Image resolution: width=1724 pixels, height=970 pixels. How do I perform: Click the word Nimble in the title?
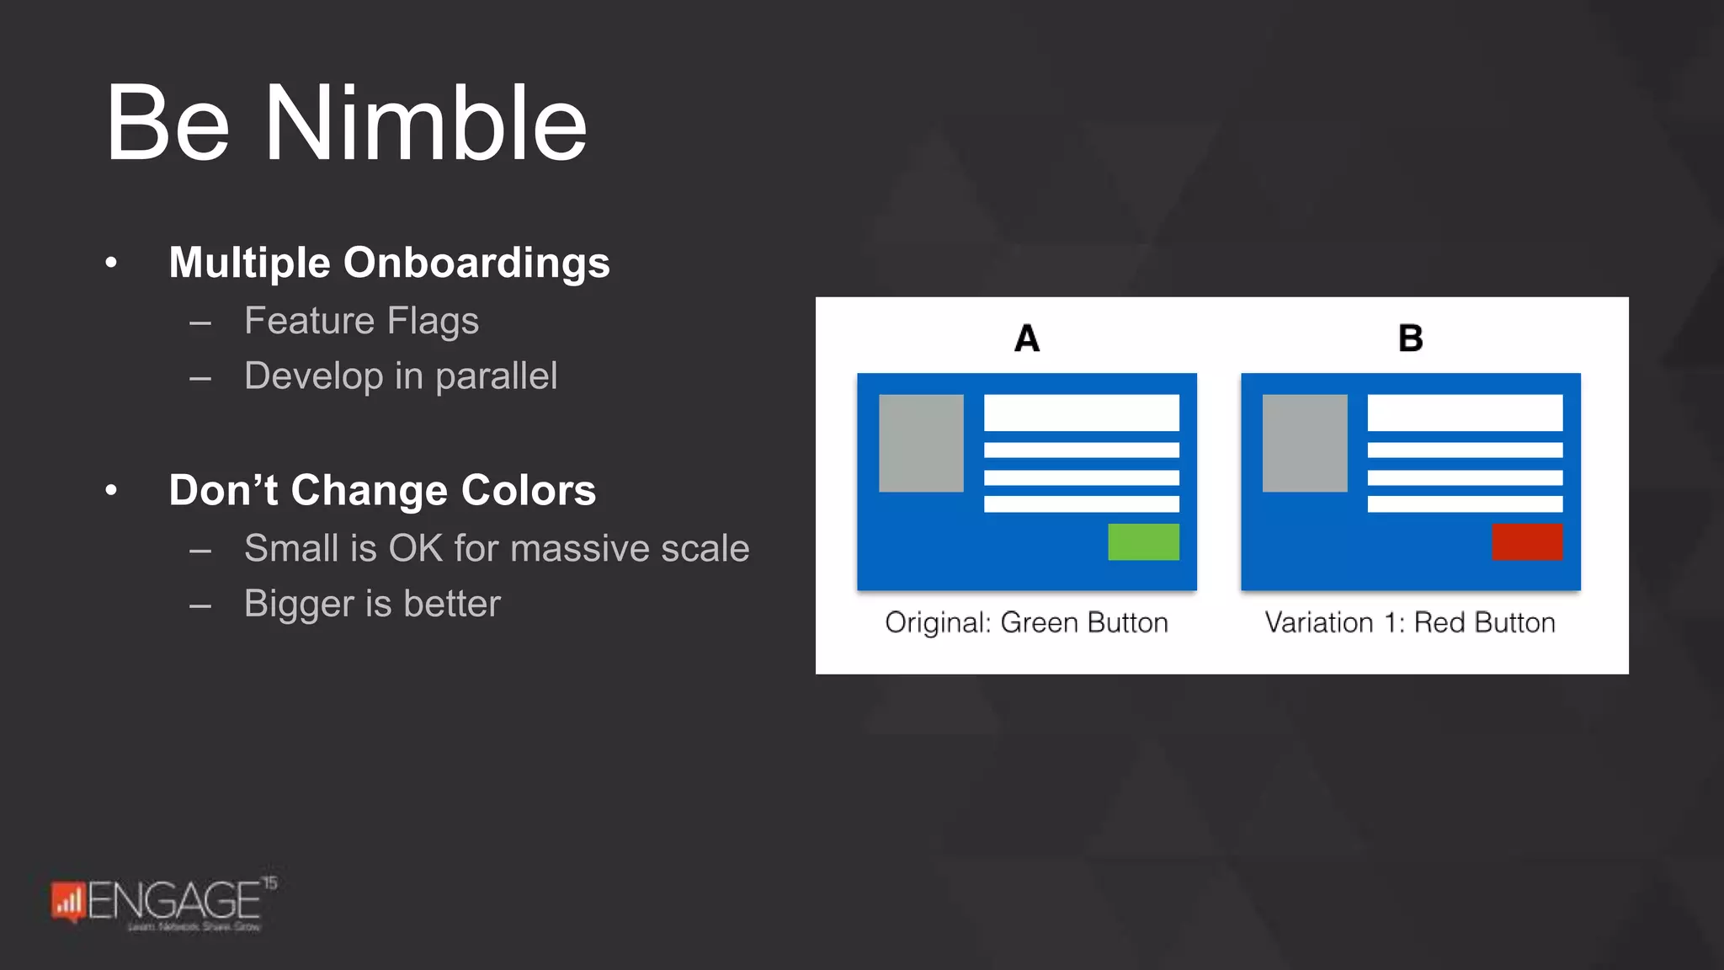tap(425, 124)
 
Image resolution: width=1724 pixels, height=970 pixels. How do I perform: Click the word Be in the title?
tap(167, 124)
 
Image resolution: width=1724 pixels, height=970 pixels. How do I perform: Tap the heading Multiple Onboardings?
tap(389, 263)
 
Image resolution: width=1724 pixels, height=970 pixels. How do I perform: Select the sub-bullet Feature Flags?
tap(361, 321)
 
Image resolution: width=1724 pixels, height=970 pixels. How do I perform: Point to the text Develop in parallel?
tap(400, 376)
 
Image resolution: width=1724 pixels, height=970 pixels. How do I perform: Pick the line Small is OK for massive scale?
tap(496, 549)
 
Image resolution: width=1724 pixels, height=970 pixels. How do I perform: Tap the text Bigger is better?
tap(372, 604)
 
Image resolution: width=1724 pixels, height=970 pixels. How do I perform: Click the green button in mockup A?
tap(1143, 542)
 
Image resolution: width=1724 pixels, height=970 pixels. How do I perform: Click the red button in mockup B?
tap(1527, 542)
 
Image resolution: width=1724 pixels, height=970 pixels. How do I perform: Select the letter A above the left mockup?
tap(1027, 338)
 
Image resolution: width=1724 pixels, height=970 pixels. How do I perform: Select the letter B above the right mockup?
tap(1410, 338)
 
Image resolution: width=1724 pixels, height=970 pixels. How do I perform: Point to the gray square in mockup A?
tap(921, 443)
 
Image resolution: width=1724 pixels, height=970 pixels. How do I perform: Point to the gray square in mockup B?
tap(1305, 443)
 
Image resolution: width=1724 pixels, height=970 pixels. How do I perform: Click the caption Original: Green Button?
tap(1026, 623)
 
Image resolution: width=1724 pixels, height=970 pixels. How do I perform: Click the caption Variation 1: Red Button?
tap(1410, 623)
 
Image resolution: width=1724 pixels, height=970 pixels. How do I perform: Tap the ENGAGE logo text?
tap(173, 901)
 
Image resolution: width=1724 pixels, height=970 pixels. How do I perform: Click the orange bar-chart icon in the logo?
tap(68, 902)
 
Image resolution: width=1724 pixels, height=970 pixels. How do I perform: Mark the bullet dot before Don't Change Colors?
tap(111, 490)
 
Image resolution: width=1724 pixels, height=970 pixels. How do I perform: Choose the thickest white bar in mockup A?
tap(1081, 413)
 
